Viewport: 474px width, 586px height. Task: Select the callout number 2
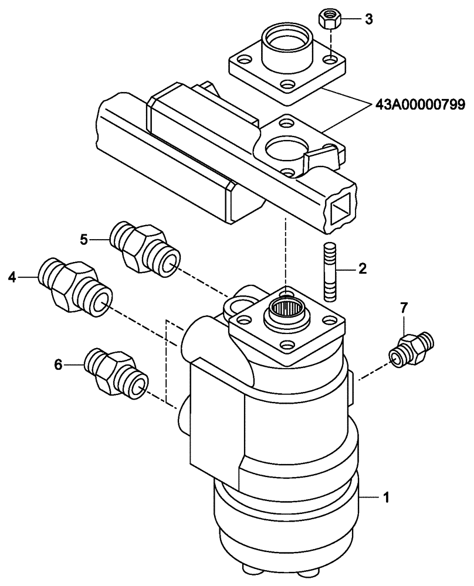[362, 269]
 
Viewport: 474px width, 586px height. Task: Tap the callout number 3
[368, 20]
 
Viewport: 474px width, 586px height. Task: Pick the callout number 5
[84, 239]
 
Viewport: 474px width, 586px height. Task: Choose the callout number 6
[58, 364]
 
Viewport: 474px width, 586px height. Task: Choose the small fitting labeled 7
[411, 349]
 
